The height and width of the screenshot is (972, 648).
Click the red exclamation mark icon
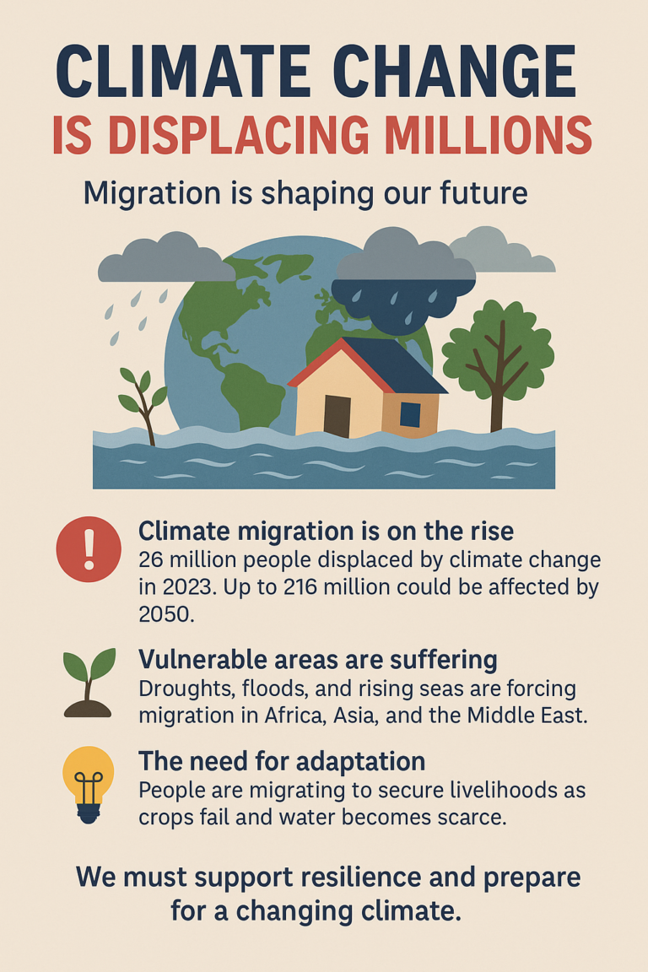coord(89,549)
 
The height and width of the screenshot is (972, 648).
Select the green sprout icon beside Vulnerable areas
coord(89,682)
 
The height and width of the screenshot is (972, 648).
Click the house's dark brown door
coord(337,415)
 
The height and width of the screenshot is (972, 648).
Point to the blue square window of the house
coord(410,414)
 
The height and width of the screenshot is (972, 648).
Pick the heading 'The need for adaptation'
coord(282,762)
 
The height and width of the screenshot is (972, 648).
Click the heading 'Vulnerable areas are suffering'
coord(317,659)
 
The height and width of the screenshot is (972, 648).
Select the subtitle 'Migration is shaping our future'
coord(305,194)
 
